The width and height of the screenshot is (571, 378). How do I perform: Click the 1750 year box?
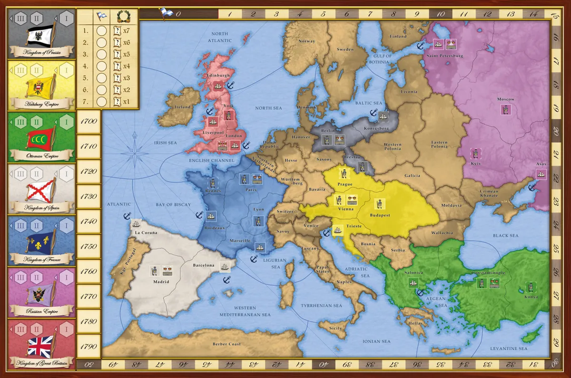click(88, 246)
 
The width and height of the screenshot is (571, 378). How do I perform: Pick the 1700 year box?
click(88, 122)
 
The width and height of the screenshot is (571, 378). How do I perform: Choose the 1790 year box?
click(88, 346)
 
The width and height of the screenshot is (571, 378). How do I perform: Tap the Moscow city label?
click(506, 99)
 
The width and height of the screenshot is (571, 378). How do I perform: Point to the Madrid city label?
click(161, 281)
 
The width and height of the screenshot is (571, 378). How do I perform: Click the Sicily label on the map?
click(336, 328)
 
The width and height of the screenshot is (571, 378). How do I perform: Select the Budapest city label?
click(380, 215)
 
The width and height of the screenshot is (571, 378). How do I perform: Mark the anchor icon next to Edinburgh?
click(230, 85)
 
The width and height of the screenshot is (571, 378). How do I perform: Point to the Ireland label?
click(183, 107)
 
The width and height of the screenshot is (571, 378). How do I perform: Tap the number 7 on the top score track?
click(369, 13)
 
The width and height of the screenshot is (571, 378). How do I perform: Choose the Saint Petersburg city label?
click(445, 56)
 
